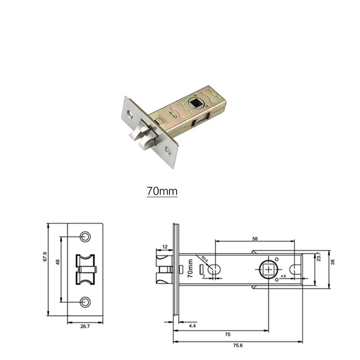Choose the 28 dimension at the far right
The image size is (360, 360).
[333, 262]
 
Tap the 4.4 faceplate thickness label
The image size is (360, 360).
[192, 325]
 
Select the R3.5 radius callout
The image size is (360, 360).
[205, 260]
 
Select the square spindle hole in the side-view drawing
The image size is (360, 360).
[269, 270]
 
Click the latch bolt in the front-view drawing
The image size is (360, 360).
[85, 269]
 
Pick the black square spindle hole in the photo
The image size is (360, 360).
[197, 103]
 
